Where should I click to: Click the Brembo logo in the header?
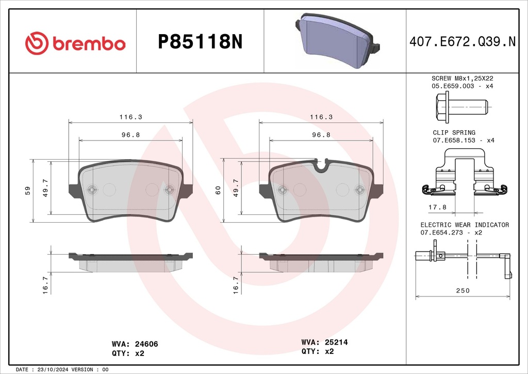point(75,43)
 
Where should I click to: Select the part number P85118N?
point(200,42)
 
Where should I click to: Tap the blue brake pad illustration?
point(338,40)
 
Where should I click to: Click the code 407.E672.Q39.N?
point(463,41)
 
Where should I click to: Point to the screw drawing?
point(461,107)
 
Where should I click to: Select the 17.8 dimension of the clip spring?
point(437,207)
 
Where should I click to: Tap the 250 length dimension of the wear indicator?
point(463,290)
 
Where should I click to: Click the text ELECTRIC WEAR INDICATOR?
point(465,225)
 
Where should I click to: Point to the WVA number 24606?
point(146,344)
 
